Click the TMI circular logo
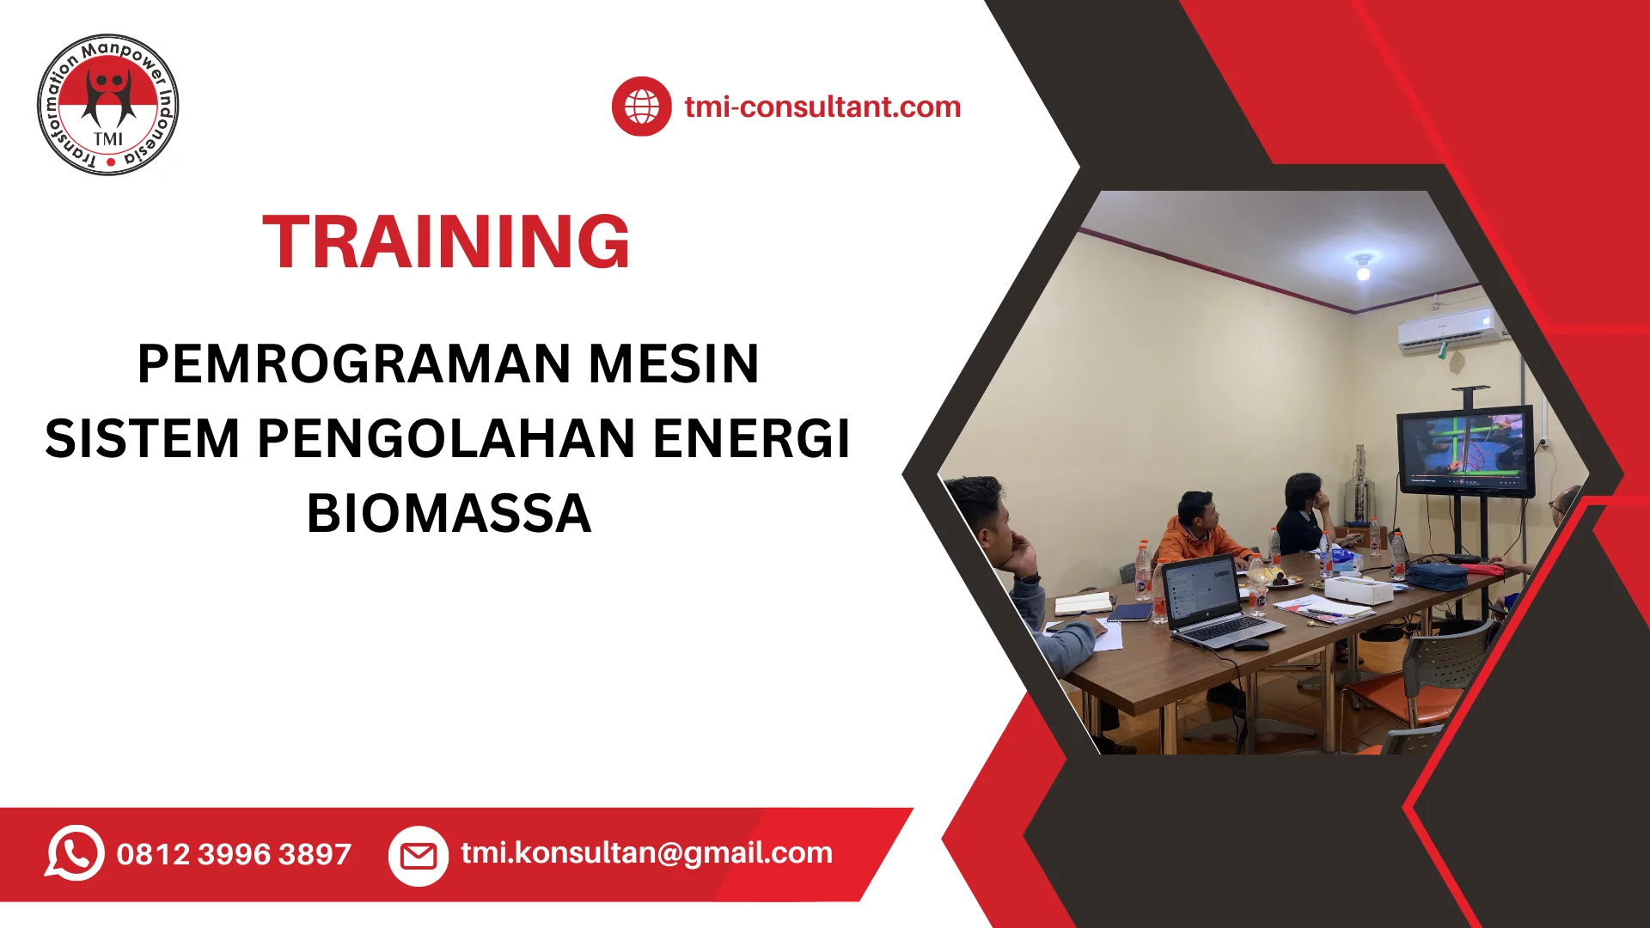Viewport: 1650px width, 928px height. [x=108, y=105]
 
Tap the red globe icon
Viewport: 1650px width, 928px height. [x=641, y=107]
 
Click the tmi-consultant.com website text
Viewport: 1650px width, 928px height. [x=822, y=107]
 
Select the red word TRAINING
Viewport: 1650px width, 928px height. [x=446, y=242]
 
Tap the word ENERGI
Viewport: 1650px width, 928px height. [x=752, y=438]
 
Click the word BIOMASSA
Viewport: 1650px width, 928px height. [x=449, y=514]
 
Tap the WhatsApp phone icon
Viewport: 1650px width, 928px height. [x=75, y=852]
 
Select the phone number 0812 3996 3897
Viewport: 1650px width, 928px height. [x=234, y=854]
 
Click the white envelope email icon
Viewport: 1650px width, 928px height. [x=419, y=856]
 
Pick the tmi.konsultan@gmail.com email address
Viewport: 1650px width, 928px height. [x=646, y=852]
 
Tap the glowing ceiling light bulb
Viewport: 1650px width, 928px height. [x=1363, y=272]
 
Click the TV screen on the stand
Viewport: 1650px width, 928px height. [x=1464, y=450]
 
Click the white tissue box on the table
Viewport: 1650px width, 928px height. [x=1358, y=589]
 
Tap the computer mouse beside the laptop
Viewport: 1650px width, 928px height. [x=1251, y=644]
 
